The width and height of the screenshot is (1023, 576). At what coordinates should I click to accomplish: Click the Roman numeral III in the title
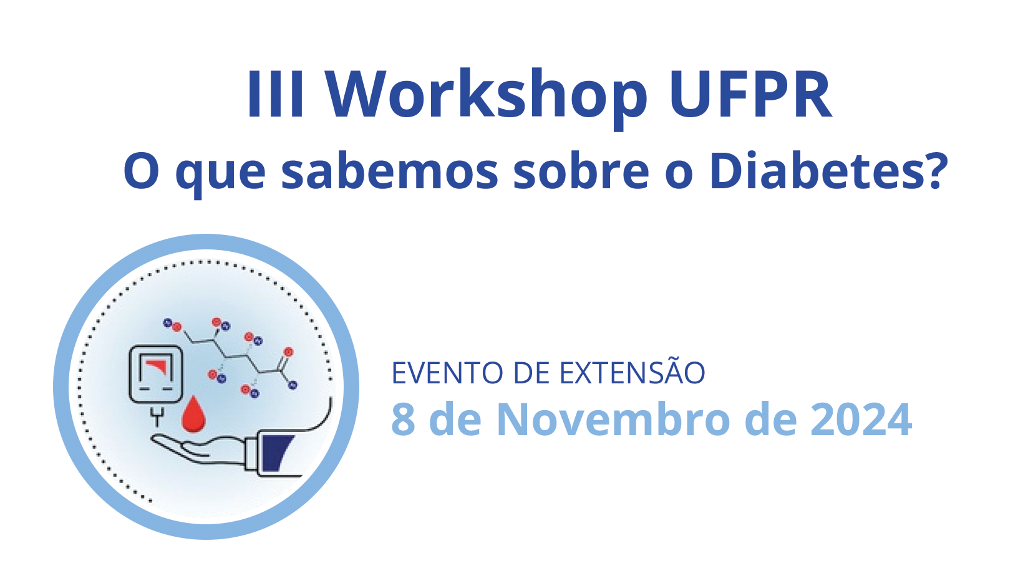(x=275, y=94)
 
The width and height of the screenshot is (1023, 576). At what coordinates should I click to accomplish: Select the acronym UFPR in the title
(x=750, y=94)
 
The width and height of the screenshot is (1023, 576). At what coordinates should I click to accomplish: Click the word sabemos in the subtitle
(x=390, y=171)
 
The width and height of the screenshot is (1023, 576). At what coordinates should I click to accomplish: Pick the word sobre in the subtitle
(x=581, y=171)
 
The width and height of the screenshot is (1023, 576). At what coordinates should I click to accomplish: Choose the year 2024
(x=861, y=420)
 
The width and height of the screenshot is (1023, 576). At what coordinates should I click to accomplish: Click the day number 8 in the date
(x=403, y=420)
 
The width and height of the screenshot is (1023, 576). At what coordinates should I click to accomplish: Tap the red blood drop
(x=193, y=414)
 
